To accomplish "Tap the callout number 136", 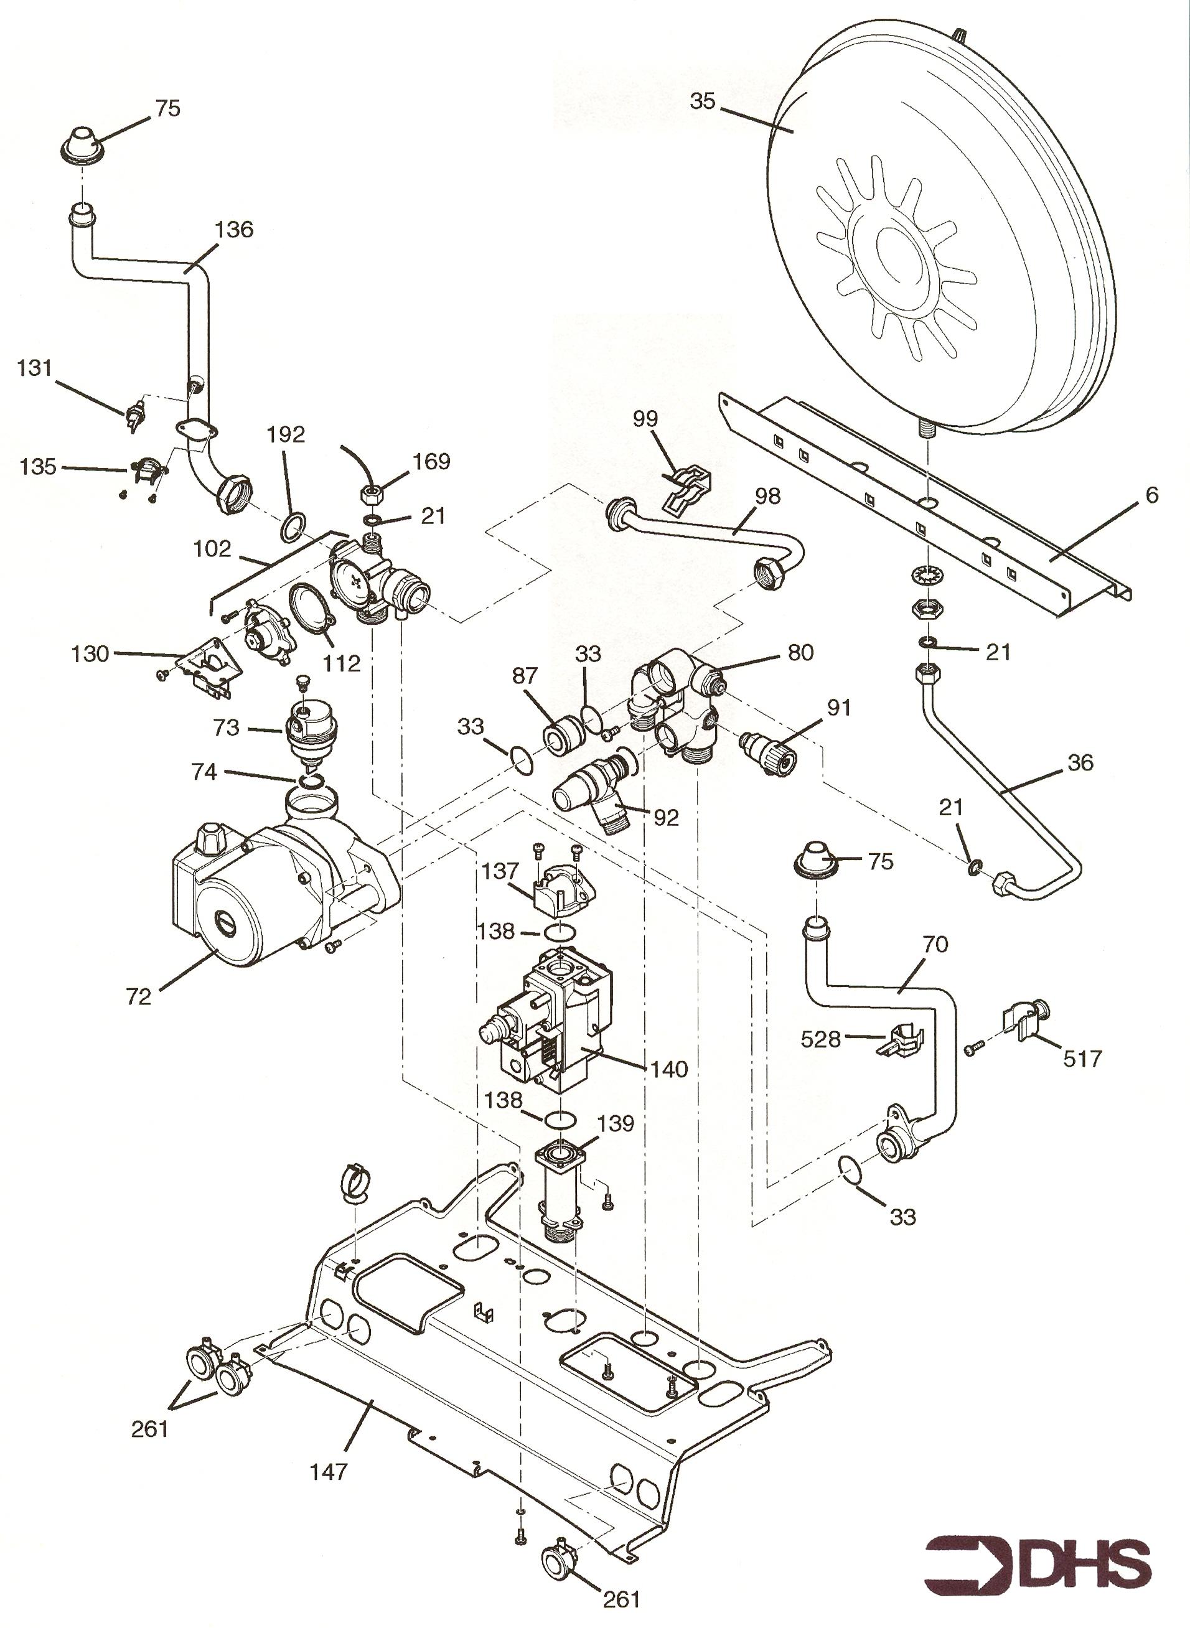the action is pyautogui.click(x=234, y=229).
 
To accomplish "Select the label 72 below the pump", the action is pyautogui.click(x=138, y=997).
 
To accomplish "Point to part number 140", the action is pyautogui.click(x=669, y=1070).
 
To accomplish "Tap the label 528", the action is pyautogui.click(x=821, y=1039).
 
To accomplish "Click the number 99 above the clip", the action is pyautogui.click(x=646, y=419).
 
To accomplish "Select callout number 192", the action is pyautogui.click(x=286, y=434).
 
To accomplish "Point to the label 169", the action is pyautogui.click(x=431, y=461).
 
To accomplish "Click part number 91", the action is pyautogui.click(x=838, y=708).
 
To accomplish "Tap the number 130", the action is pyautogui.click(x=90, y=654).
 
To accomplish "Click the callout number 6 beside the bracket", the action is pyautogui.click(x=1151, y=495).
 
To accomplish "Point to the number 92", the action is pyautogui.click(x=667, y=818).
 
